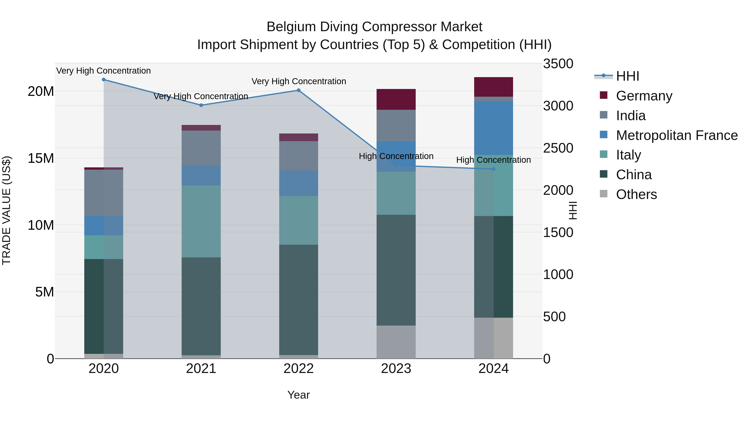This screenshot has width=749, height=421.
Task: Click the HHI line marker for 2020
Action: pyautogui.click(x=104, y=80)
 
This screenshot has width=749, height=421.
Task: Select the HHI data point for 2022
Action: pyautogui.click(x=298, y=90)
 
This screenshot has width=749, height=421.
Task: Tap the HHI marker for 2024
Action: pyautogui.click(x=494, y=169)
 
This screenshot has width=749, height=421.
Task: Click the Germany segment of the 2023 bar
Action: pyautogui.click(x=396, y=99)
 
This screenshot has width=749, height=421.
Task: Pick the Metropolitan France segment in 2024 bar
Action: pyautogui.click(x=494, y=128)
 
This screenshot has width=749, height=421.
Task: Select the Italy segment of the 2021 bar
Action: pyautogui.click(x=201, y=221)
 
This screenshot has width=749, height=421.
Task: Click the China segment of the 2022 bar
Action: pyautogui.click(x=298, y=299)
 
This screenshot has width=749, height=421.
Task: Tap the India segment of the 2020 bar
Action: pyautogui.click(x=104, y=193)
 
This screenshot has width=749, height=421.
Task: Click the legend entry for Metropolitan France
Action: pyautogui.click(x=677, y=135)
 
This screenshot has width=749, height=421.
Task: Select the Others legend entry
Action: pyautogui.click(x=636, y=194)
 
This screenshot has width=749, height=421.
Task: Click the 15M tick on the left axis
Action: pyautogui.click(x=41, y=158)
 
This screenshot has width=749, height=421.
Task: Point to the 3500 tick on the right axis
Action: pyautogui.click(x=558, y=64)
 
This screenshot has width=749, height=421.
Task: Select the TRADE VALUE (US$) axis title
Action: pyautogui.click(x=6, y=210)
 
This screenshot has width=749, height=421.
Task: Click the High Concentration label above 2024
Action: pyautogui.click(x=494, y=160)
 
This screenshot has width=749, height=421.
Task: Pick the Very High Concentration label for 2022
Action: pyautogui.click(x=299, y=81)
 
